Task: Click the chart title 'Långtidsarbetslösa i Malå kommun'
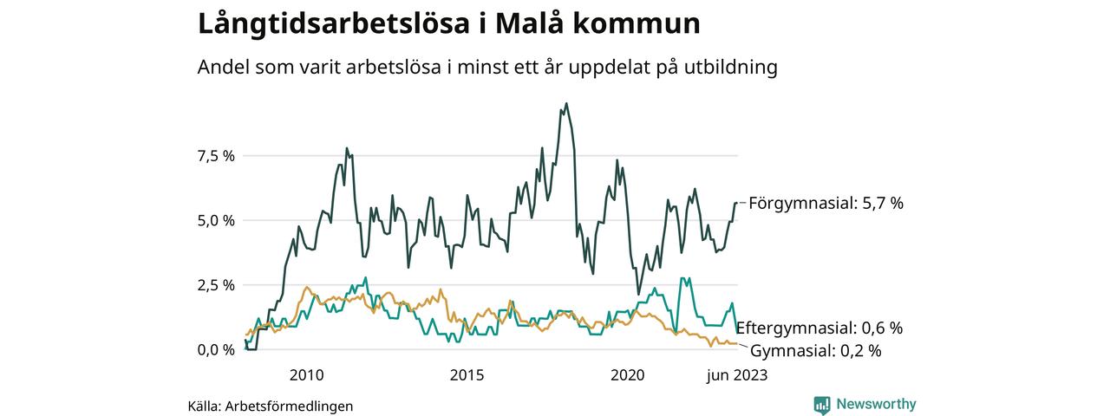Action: tap(448, 23)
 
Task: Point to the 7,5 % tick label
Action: tap(216, 156)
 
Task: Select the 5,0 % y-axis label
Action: tap(216, 220)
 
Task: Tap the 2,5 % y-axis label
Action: tap(216, 285)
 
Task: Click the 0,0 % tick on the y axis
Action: tap(216, 349)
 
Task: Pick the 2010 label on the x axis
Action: tap(306, 375)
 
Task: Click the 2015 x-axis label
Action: tap(467, 375)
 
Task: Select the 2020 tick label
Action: tap(628, 375)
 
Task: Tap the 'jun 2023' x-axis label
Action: tap(736, 375)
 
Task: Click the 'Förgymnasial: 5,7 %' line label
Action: tap(826, 203)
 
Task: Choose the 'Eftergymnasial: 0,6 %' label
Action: tap(819, 328)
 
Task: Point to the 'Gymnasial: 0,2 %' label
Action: tap(815, 351)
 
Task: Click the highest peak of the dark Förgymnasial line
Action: tap(566, 104)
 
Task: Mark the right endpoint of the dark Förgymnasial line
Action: tap(736, 203)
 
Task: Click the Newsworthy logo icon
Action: tap(822, 405)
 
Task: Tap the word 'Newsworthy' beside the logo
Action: tap(876, 404)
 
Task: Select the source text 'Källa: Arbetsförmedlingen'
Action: tap(271, 406)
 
